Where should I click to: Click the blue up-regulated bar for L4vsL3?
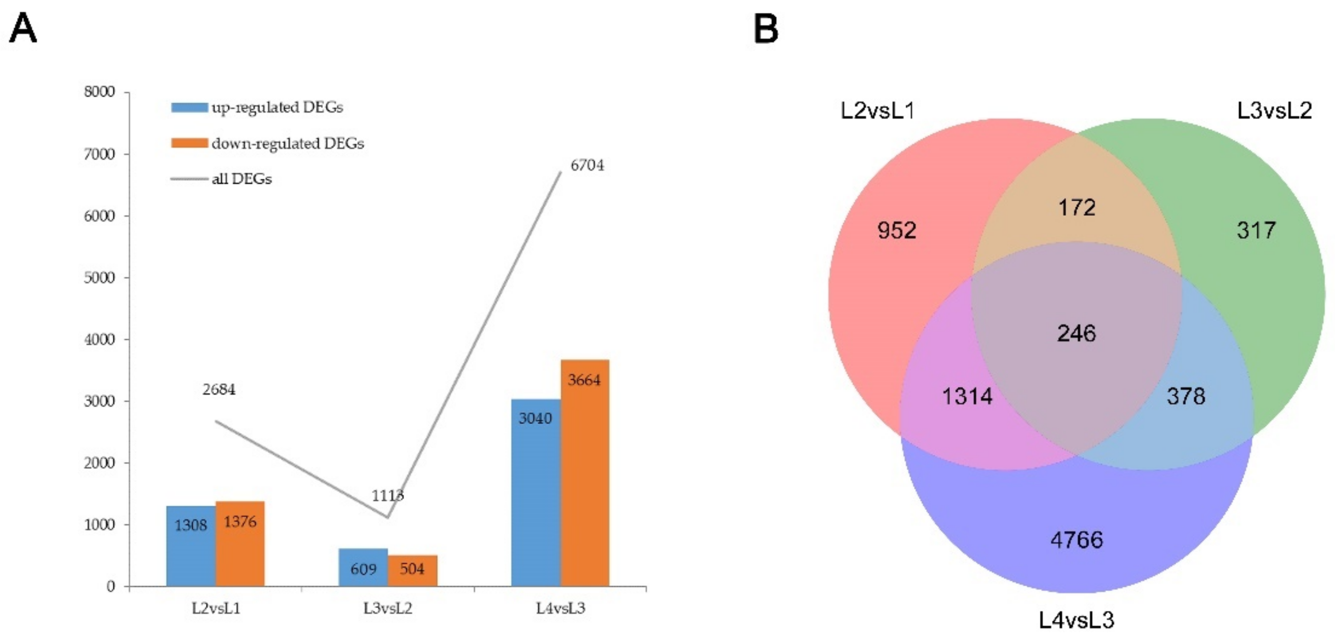[x=536, y=492]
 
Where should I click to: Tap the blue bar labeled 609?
[x=363, y=567]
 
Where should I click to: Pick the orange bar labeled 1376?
[x=240, y=544]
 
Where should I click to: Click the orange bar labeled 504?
[x=413, y=570]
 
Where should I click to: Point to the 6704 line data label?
[x=587, y=165]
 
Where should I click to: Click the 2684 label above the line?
[x=219, y=389]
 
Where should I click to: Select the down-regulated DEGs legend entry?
[x=268, y=143]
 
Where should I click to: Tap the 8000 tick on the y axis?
[x=99, y=92]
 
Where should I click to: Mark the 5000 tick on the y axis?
[x=99, y=277]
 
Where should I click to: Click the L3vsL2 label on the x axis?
[x=388, y=608]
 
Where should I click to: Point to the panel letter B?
[x=765, y=29]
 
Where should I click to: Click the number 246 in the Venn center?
[x=1076, y=333]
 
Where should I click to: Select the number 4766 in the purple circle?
[x=1076, y=540]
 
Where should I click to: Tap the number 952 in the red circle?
[x=897, y=230]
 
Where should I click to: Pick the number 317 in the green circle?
[x=1256, y=230]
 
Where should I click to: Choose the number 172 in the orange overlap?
[x=1076, y=208]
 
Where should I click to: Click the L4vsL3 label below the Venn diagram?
[x=1076, y=620]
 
